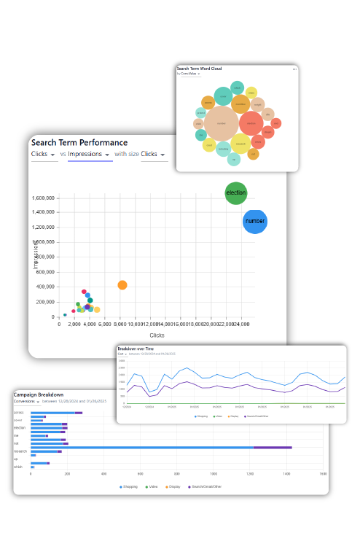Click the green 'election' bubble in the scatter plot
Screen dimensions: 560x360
click(x=236, y=193)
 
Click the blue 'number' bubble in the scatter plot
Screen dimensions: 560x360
click(x=255, y=221)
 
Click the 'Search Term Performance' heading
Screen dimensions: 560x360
click(x=79, y=143)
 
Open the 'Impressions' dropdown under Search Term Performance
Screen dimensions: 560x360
click(x=90, y=155)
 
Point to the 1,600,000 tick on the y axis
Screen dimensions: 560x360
click(x=44, y=198)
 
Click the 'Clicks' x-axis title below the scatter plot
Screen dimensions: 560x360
click(x=157, y=335)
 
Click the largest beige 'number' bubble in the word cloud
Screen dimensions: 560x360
click(x=221, y=123)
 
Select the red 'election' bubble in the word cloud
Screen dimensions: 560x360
click(x=251, y=123)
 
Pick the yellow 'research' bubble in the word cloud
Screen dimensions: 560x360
click(x=240, y=144)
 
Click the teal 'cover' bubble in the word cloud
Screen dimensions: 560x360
click(x=223, y=96)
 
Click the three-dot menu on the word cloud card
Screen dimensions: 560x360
click(x=294, y=69)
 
